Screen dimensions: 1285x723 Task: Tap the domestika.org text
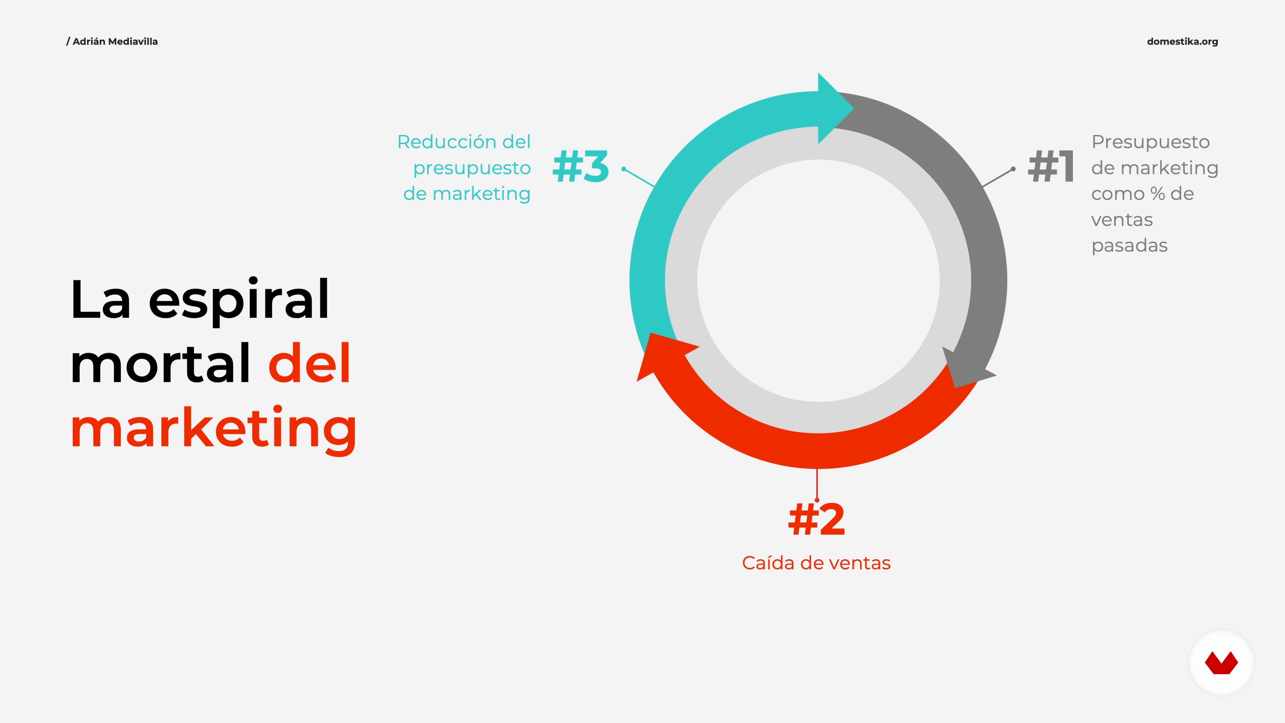1182,42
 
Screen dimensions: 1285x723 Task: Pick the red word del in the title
309,363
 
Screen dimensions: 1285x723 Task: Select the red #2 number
817,519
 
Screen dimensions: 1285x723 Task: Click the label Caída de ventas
816,563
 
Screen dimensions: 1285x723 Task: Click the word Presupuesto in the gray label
1150,143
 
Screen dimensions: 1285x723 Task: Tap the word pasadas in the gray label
1129,246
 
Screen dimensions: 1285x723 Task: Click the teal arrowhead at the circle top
834,108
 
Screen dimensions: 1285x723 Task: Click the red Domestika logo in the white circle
1221,663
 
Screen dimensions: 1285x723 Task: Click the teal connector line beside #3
639,178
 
